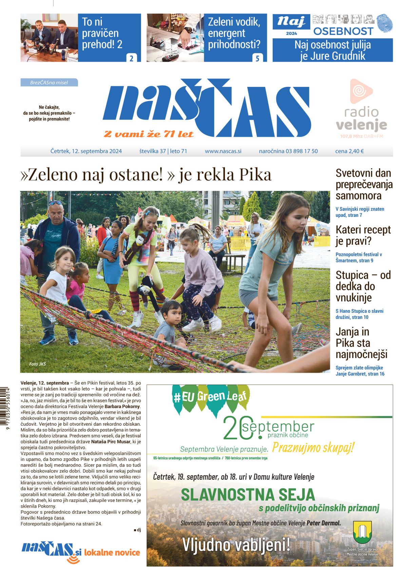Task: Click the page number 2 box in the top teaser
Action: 131,58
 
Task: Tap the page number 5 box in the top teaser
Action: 257,58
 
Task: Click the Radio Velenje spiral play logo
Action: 361,91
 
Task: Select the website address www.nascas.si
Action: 223,151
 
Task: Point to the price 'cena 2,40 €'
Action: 349,151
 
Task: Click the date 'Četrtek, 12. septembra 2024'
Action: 86,151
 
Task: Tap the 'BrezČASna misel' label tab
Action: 49,82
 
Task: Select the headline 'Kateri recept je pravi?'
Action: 363,235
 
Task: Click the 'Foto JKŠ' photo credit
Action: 37,364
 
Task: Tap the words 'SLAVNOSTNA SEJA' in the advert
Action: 248,495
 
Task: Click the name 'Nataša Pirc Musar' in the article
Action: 111,442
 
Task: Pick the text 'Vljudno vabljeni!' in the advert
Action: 236,545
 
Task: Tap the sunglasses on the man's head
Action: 55,203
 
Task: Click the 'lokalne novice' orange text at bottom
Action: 112,553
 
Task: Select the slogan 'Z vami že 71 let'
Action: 149,134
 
